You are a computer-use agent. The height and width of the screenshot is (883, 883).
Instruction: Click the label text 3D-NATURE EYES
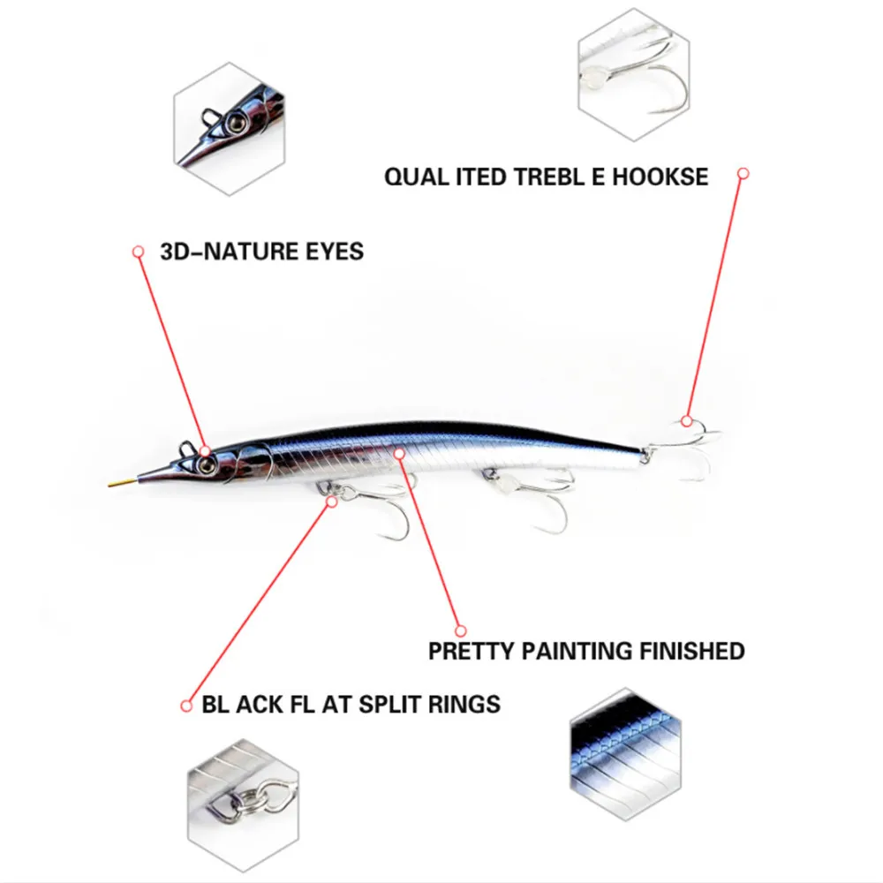pos(261,252)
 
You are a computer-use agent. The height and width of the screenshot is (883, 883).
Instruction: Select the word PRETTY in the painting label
pos(471,652)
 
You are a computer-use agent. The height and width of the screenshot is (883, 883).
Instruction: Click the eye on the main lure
pos(205,451)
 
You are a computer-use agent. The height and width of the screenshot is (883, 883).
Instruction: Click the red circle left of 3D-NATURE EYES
pos(138,252)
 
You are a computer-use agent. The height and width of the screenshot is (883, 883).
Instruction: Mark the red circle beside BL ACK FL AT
pos(186,705)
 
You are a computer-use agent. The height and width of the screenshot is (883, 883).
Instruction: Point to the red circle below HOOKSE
pos(743,175)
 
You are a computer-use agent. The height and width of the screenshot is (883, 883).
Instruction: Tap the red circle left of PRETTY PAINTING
pos(459,630)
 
